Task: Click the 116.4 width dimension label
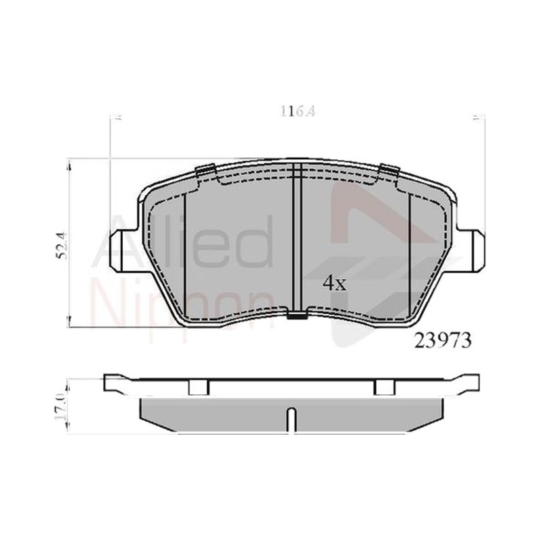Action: coord(297,111)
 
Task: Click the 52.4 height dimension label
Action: coord(62,246)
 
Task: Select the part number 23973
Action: coord(443,341)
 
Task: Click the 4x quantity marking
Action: coord(334,283)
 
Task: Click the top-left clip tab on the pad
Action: coord(205,171)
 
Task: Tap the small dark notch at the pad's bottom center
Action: coord(297,315)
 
